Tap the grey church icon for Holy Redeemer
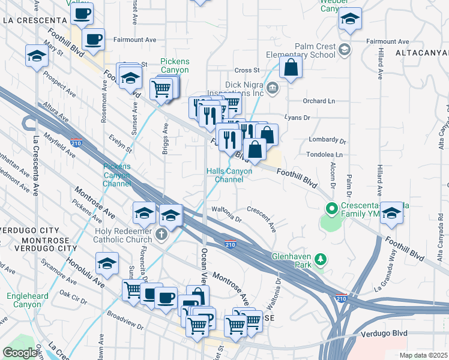(161, 235)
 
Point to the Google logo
(19, 353)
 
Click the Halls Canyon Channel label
(229, 175)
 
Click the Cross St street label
(247, 70)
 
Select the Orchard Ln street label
(319, 101)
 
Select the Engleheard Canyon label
(26, 301)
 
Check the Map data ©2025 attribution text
(424, 355)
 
